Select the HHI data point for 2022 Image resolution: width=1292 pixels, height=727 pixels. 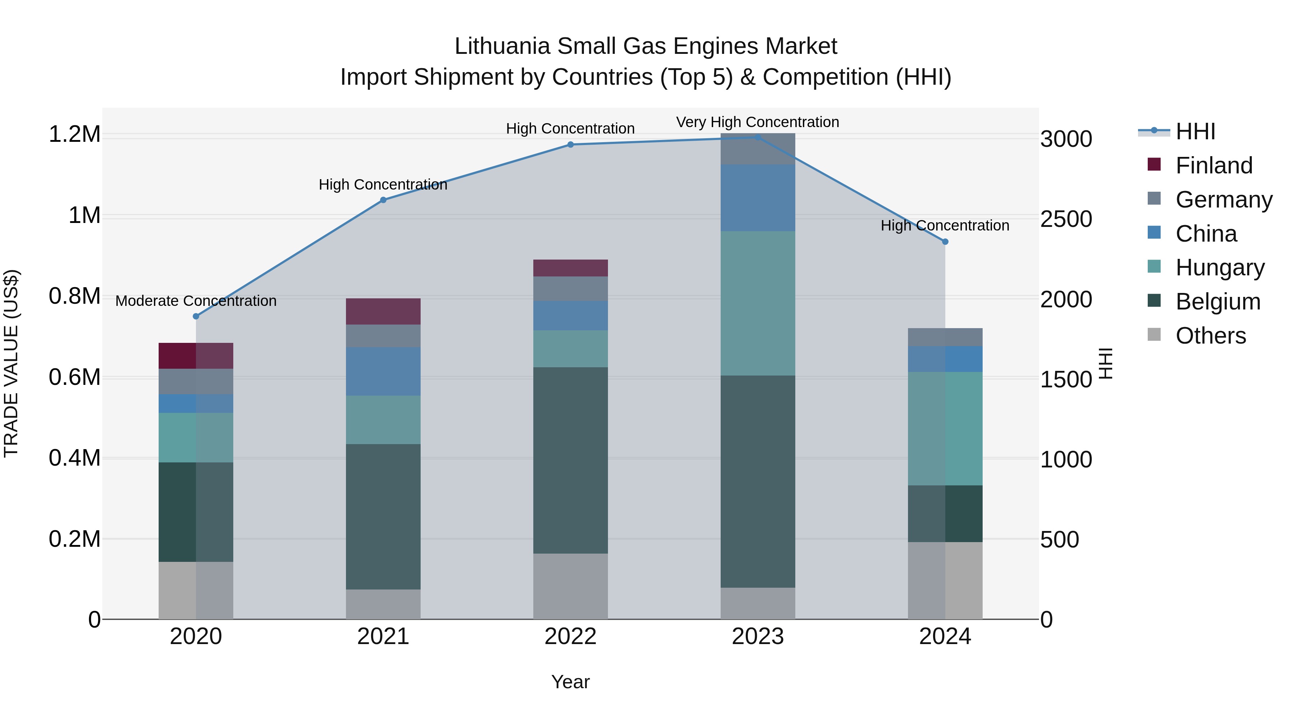570,144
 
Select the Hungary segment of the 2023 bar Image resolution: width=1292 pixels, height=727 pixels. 758,303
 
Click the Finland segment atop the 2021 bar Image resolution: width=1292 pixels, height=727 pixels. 383,312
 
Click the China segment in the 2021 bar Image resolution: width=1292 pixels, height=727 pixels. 383,371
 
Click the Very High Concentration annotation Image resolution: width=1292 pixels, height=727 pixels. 757,122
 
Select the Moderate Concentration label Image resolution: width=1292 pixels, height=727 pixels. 196,301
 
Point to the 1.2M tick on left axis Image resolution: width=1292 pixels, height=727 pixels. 74,135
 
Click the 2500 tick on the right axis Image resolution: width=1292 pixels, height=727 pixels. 1066,219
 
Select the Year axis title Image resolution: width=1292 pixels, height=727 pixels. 570,682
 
